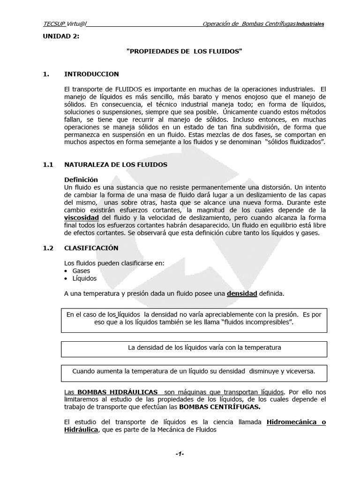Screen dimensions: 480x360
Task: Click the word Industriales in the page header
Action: pos(309,24)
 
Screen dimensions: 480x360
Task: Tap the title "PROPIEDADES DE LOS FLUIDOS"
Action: pos(185,51)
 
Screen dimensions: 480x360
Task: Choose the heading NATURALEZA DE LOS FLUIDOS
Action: pos(115,165)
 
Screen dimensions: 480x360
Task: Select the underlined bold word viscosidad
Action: pos(82,218)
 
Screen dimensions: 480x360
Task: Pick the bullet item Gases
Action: pos(81,271)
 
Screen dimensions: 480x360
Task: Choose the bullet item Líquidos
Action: pos(84,278)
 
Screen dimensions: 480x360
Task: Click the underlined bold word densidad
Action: pos(242,294)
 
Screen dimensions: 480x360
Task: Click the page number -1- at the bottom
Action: pos(180,455)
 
